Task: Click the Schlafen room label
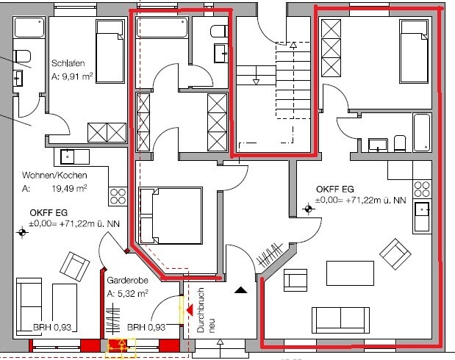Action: [68, 63]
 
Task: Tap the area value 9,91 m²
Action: [77, 77]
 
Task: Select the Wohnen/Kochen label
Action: [54, 175]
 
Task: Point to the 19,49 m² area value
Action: [69, 189]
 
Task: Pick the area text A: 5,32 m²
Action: [127, 294]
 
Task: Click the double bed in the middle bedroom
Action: [171, 215]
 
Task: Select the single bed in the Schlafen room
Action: [110, 51]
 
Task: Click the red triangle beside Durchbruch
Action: [190, 310]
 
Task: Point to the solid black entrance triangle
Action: [240, 289]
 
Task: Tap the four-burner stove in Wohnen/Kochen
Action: [118, 196]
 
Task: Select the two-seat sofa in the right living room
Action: [340, 320]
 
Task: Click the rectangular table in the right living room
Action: [350, 273]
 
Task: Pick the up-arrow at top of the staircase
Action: [293, 45]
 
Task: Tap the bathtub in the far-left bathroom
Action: [29, 28]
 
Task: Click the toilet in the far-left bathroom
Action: [22, 57]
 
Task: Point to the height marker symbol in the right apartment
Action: [308, 209]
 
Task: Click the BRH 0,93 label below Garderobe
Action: [146, 327]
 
